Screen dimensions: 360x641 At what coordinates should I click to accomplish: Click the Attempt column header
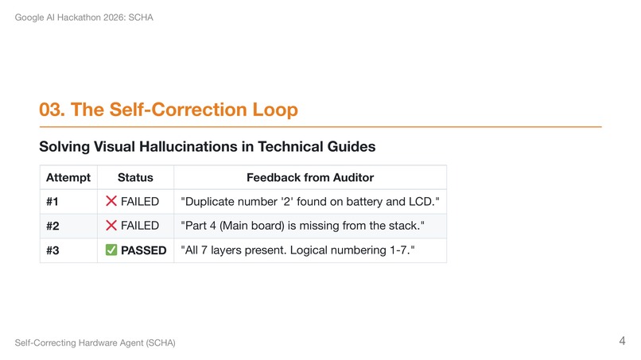68,177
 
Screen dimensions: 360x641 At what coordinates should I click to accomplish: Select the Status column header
135,177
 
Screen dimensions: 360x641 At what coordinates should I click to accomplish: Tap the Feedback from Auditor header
310,177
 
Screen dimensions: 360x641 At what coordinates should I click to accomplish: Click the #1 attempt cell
53,202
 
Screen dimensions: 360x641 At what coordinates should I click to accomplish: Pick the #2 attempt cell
53,226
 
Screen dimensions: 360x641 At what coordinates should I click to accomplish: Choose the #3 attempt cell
53,250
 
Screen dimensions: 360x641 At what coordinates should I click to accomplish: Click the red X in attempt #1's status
111,202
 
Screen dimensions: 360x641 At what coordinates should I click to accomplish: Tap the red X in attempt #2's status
111,226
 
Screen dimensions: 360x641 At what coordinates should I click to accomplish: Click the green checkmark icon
111,250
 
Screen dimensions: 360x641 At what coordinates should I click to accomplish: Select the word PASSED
143,250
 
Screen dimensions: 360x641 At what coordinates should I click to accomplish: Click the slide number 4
622,341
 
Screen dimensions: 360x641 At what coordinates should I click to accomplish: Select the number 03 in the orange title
52,110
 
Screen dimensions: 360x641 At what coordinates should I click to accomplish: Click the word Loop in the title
275,110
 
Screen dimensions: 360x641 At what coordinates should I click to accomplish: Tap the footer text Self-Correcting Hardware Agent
95,343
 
